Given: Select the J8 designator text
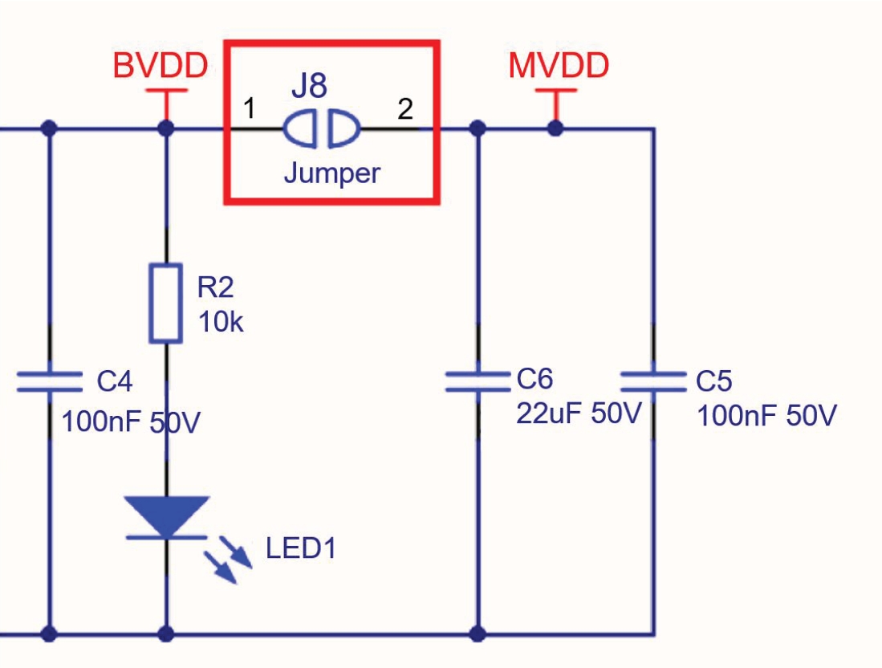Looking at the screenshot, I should pyautogui.click(x=309, y=85).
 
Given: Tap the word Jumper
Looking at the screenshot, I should pyautogui.click(x=331, y=172).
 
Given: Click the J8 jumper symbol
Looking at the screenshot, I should pyautogui.click(x=322, y=128).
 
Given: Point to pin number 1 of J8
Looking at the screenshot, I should pyautogui.click(x=250, y=108).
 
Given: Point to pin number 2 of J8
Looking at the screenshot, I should pyautogui.click(x=405, y=108).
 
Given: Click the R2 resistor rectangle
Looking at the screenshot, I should pyautogui.click(x=166, y=303).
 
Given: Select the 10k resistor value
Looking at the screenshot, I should pyautogui.click(x=220, y=322).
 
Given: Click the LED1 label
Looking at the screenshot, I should pyautogui.click(x=301, y=548).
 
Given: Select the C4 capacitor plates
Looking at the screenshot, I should pyautogui.click(x=50, y=381).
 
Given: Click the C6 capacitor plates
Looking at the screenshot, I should pyautogui.click(x=478, y=381).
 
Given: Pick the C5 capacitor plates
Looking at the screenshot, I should pyautogui.click(x=652, y=381).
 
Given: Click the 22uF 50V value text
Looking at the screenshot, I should pyautogui.click(x=578, y=413).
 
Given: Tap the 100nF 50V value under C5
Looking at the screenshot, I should pyautogui.click(x=766, y=416).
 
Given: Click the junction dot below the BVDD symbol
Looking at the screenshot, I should pyautogui.click(x=166, y=128).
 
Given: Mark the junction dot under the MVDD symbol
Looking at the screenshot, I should pyautogui.click(x=554, y=128).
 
